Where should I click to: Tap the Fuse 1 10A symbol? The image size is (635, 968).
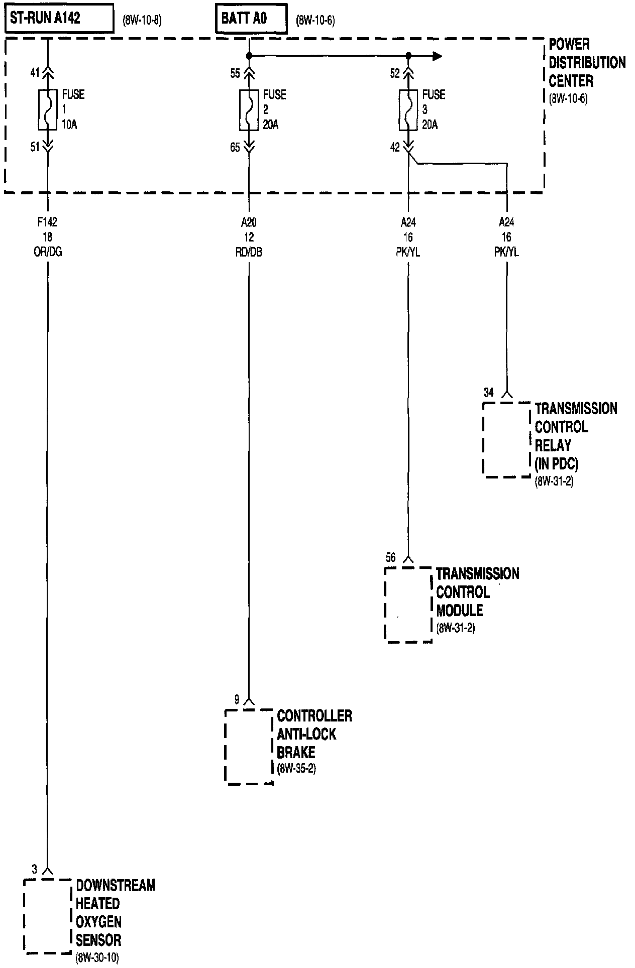(x=48, y=109)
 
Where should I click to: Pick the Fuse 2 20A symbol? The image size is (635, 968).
(x=249, y=109)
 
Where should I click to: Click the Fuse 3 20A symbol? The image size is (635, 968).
(x=408, y=109)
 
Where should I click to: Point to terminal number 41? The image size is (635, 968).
(x=35, y=73)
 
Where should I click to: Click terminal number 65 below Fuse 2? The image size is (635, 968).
(x=235, y=148)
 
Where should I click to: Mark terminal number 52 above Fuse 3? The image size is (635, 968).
(x=395, y=74)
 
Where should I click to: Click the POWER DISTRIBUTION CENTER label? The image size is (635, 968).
(x=587, y=63)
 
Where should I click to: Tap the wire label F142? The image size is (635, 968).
(x=48, y=221)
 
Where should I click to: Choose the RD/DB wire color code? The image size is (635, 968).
(x=249, y=252)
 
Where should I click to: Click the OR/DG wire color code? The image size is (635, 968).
(x=48, y=252)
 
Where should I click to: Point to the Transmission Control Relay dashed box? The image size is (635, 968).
(x=506, y=439)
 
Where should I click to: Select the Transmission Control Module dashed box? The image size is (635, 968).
(x=408, y=604)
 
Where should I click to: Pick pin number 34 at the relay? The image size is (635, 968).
(x=489, y=393)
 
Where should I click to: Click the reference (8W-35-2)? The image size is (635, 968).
(x=296, y=769)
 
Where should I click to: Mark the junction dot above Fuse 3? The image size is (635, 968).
(x=408, y=56)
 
